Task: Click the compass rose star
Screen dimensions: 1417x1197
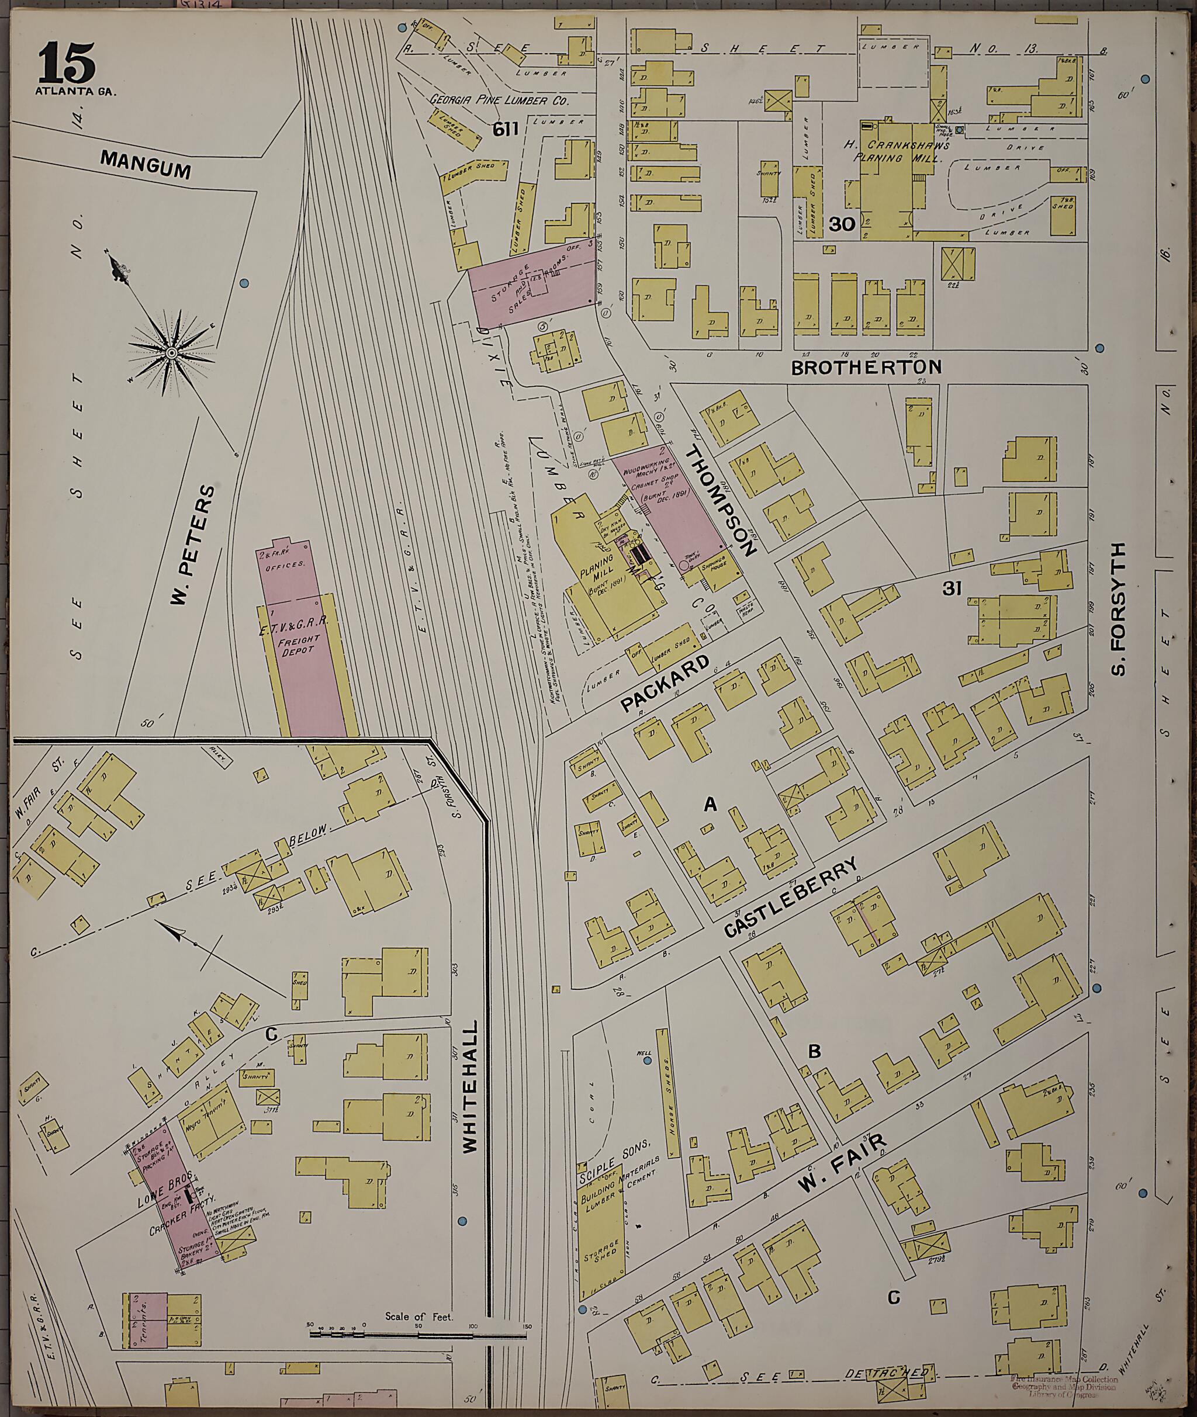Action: pyautogui.click(x=172, y=353)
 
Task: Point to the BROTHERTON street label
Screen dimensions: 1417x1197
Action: pyautogui.click(x=867, y=367)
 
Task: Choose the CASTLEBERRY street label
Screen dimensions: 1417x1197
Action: pyautogui.click(x=791, y=897)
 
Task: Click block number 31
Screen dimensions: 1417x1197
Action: pyautogui.click(x=952, y=589)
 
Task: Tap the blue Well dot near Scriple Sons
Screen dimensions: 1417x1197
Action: pyautogui.click(x=646, y=1059)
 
